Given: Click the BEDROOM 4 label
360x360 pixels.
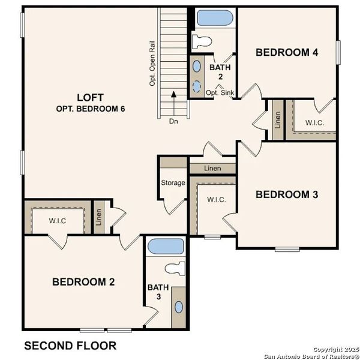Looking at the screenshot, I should tap(286, 52).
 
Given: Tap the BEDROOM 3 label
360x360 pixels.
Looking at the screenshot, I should tap(286, 194).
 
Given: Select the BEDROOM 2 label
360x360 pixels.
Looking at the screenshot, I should tap(83, 281).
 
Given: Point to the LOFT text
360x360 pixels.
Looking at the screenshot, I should tap(90, 97).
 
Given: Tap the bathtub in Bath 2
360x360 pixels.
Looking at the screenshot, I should tap(214, 17).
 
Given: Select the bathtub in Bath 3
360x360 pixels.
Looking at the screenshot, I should tap(166, 247).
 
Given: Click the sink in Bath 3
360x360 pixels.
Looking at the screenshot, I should tap(179, 307).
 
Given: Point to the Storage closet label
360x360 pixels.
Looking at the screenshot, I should tap(173, 183).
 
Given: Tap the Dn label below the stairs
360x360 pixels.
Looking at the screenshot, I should tap(173, 121).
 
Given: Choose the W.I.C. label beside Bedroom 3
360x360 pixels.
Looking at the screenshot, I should tap(216, 200).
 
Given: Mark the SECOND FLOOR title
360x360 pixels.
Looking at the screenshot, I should tap(70, 346).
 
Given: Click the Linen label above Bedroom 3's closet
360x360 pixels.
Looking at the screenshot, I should tap(212, 169).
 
